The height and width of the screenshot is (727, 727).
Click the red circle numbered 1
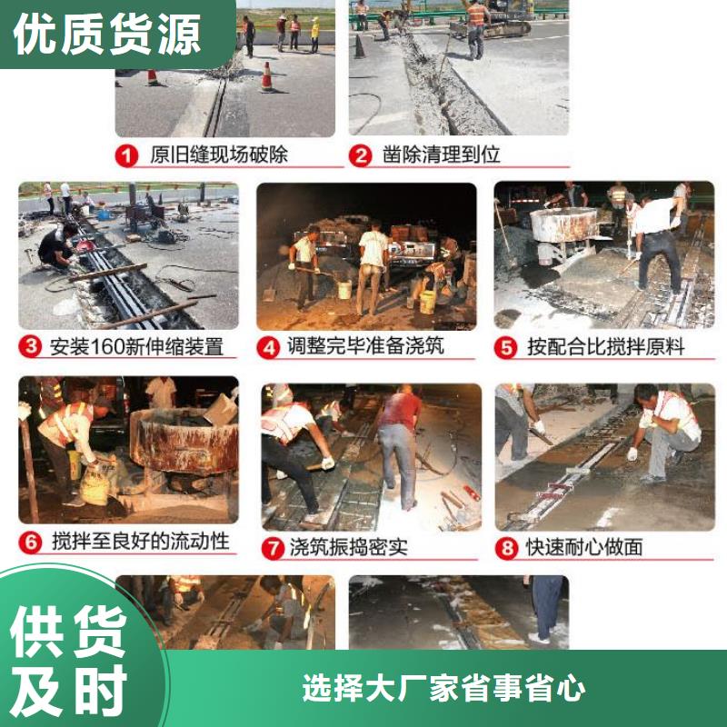click(127, 155)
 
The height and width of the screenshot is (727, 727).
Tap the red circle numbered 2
click(362, 155)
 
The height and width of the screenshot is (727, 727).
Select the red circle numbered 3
click(32, 346)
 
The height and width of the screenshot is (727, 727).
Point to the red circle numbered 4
click(269, 346)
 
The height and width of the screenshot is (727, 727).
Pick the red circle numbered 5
click(507, 346)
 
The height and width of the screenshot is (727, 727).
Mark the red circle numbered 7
click(272, 547)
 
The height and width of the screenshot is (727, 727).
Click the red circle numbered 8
click(507, 547)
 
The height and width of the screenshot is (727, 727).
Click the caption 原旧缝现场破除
click(218, 155)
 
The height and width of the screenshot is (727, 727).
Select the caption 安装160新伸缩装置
click(136, 346)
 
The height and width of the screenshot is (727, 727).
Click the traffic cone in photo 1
click(266, 77)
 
